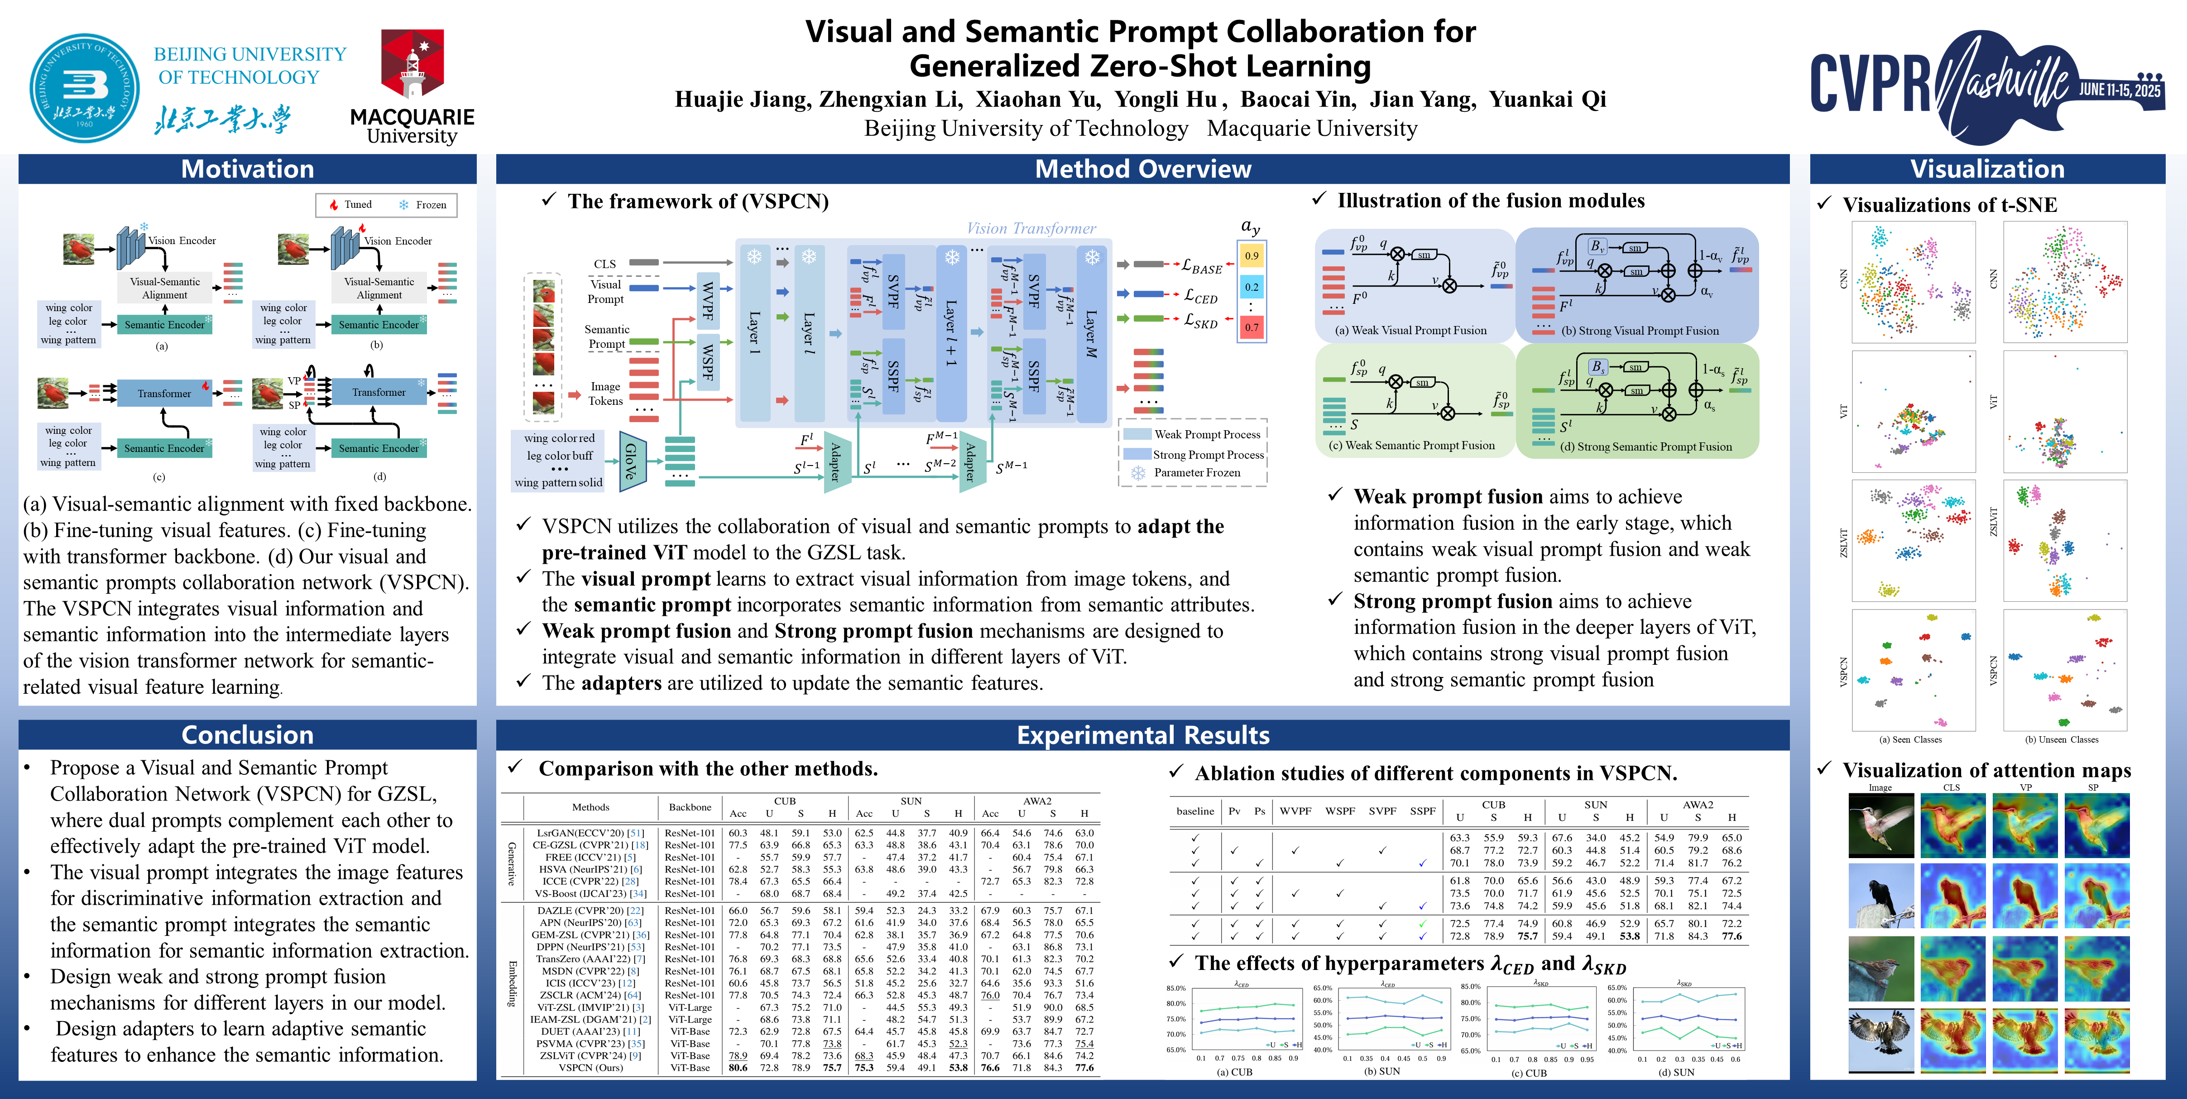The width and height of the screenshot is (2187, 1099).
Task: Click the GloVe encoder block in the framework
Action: tap(631, 461)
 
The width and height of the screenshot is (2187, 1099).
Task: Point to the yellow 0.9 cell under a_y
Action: tap(1252, 256)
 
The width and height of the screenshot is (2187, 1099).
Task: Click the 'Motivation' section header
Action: tap(247, 169)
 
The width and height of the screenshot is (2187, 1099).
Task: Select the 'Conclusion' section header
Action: tap(247, 734)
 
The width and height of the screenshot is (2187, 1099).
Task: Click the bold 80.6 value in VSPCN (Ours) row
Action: tap(738, 1068)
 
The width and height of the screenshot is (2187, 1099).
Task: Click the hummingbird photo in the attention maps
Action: tap(1880, 825)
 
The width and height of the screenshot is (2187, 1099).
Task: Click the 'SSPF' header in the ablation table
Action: tap(1423, 811)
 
